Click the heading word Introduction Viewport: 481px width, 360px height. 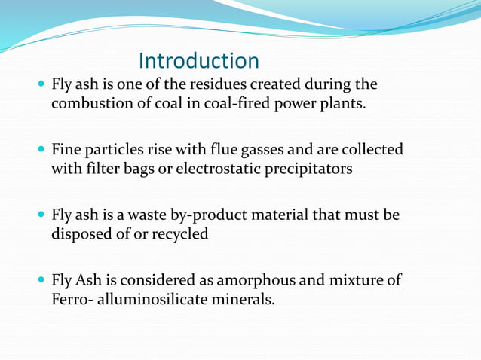pyautogui.click(x=199, y=61)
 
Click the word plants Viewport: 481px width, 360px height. pyautogui.click(x=343, y=102)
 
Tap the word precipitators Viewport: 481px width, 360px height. pyautogui.click(x=309, y=168)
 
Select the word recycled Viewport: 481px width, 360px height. pyautogui.click(x=180, y=233)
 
